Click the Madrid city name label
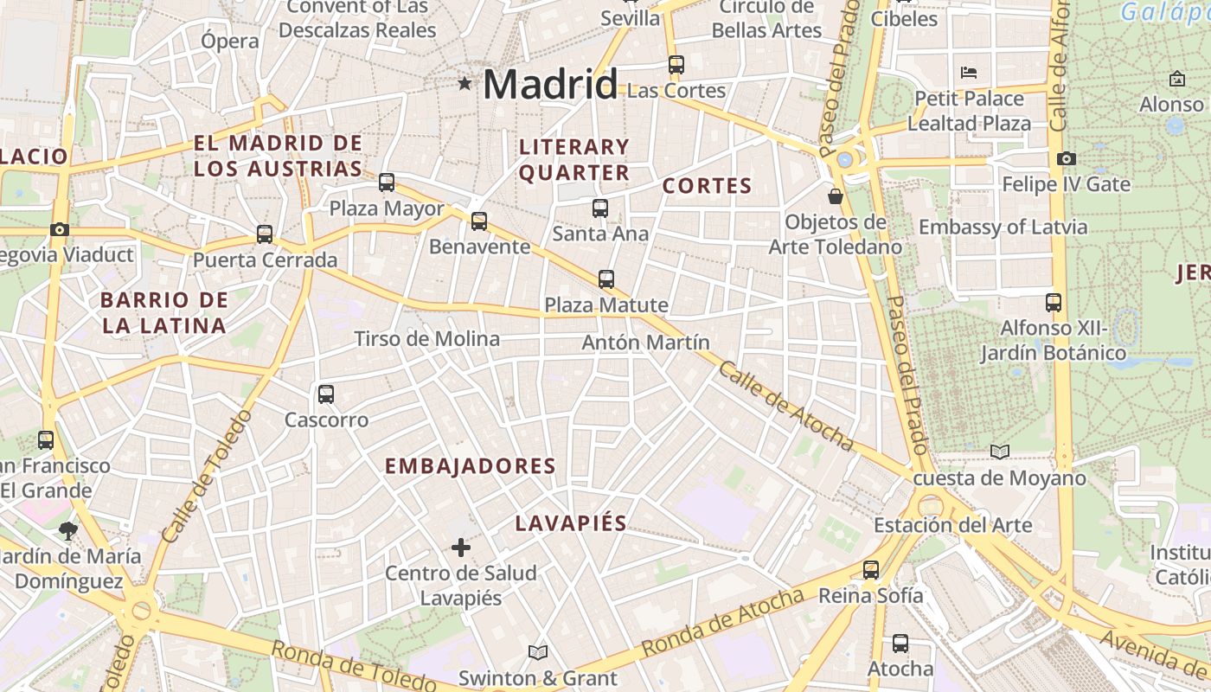click(550, 85)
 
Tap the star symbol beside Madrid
click(465, 84)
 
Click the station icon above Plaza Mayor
click(387, 183)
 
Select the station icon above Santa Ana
click(600, 208)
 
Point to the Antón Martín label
click(645, 343)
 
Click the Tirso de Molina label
click(427, 339)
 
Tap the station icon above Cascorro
click(326, 394)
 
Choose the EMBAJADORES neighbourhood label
click(470, 466)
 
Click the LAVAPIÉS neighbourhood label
click(571, 523)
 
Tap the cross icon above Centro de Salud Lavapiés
click(461, 548)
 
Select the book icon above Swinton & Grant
click(538, 652)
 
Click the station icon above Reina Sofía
click(871, 570)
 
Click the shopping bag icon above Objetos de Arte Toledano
click(836, 196)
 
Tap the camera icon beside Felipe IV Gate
click(1066, 158)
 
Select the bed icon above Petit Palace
click(969, 72)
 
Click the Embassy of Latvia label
click(1003, 227)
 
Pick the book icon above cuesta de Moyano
click(1000, 452)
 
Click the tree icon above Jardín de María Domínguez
click(68, 530)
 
